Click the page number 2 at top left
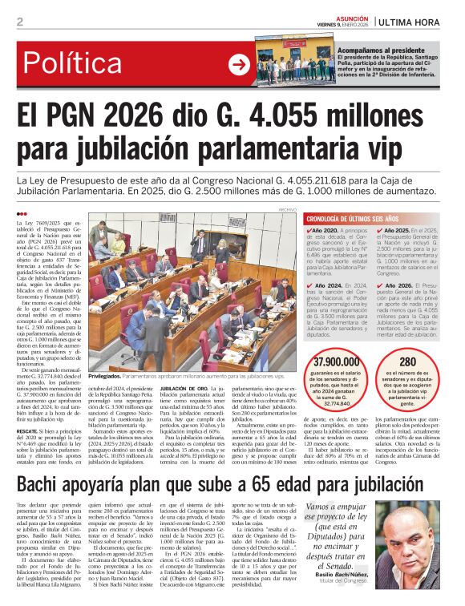[x=19, y=22]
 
